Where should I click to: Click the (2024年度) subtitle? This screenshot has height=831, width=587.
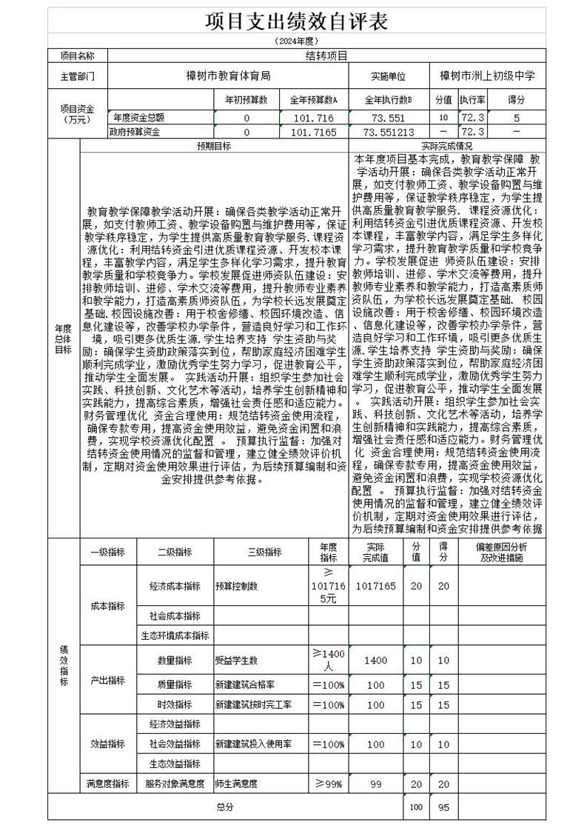click(296, 41)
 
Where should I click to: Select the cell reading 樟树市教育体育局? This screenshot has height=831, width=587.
click(228, 76)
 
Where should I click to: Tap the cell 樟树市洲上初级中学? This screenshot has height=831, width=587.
click(487, 76)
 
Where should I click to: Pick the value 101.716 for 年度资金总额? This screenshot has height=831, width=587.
click(314, 118)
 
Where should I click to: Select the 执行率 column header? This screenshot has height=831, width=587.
click(472, 100)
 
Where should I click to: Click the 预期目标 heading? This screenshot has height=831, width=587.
click(213, 146)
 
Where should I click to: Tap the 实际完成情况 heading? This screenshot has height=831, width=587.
click(446, 146)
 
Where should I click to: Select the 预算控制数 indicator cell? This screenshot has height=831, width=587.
click(236, 585)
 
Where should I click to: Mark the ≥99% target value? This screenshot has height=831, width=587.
click(328, 783)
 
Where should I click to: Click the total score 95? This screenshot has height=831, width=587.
click(444, 807)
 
